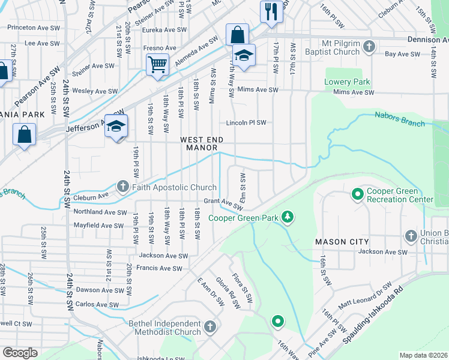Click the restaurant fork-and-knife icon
pyautogui.click(x=271, y=11)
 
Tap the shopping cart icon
pyautogui.click(x=157, y=63)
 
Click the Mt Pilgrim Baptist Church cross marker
pyautogui.click(x=370, y=46)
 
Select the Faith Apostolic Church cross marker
pyautogui.click(x=123, y=187)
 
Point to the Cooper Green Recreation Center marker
pyautogui.click(x=357, y=194)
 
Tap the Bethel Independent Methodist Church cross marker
pyautogui.click(x=209, y=327)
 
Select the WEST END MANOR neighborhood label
pyautogui.click(x=203, y=143)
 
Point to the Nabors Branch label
pyautogui.click(x=400, y=119)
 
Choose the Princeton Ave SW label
pyautogui.click(x=33, y=28)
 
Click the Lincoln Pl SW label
pyautogui.click(x=246, y=123)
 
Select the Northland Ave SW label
pyautogui.click(x=100, y=212)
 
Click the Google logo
pyautogui.click(x=20, y=353)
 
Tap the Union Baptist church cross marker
pyautogui.click(x=411, y=235)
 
